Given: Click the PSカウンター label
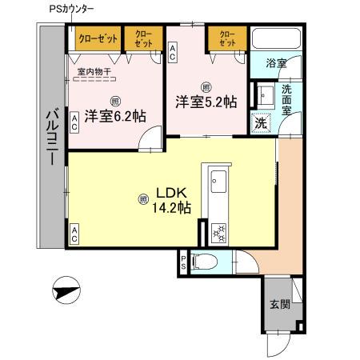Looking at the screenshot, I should [93, 9].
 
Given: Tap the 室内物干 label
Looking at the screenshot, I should [94, 70].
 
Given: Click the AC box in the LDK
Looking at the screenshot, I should [74, 234].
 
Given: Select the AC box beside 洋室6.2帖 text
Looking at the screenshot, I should [74, 122].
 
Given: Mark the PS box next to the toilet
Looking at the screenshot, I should [183, 262].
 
